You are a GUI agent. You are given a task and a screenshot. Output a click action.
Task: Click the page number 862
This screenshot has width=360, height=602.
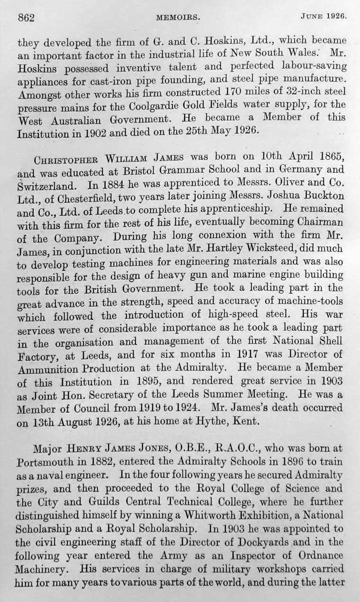tap(27, 18)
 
